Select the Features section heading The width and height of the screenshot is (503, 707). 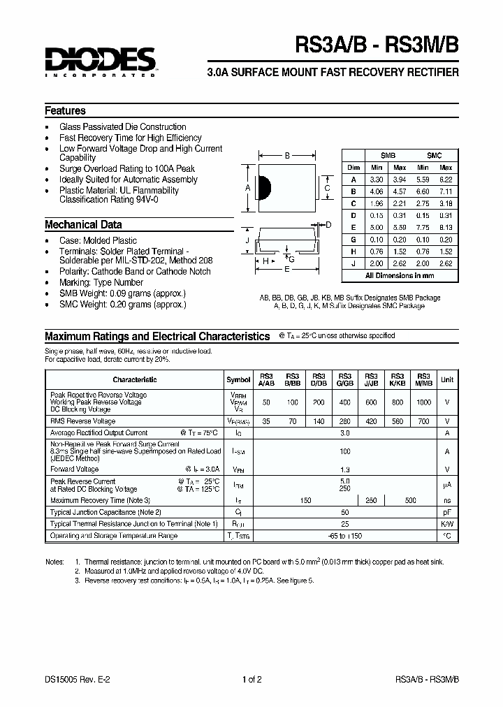65,111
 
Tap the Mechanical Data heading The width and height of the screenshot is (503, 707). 83,225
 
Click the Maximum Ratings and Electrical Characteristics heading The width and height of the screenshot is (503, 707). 157,336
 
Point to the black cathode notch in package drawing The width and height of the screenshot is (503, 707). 264,188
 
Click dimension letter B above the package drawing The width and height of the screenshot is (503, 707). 286,156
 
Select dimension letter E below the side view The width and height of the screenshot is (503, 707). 286,268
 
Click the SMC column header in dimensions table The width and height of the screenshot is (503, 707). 434,155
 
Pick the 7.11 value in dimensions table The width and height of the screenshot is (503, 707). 446,191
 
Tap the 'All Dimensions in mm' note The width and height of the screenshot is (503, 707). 400,276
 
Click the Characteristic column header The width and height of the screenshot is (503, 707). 134,379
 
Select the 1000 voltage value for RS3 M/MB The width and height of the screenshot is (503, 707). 424,403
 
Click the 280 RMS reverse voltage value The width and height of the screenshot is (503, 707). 344,421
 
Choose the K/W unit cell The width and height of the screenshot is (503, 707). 447,524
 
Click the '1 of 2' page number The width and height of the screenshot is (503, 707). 251,679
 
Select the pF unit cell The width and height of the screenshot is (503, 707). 447,512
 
